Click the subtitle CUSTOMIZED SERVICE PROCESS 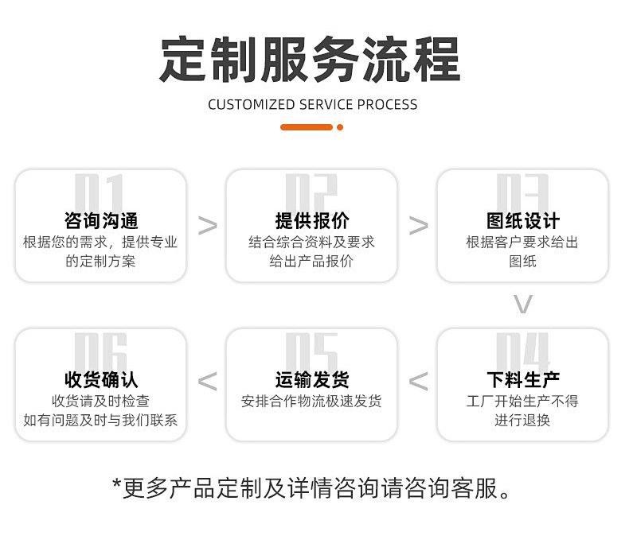[x=312, y=104]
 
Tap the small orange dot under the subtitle [x=340, y=127]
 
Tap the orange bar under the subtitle [x=307, y=127]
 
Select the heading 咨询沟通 [x=101, y=221]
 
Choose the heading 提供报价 [x=311, y=221]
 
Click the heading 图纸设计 [x=522, y=221]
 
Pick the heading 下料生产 [x=522, y=380]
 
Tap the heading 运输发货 [x=311, y=380]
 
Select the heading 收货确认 [x=101, y=380]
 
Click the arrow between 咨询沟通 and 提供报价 [x=207, y=226]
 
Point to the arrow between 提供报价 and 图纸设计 [x=418, y=226]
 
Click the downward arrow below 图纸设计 [x=522, y=304]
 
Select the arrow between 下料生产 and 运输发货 [x=418, y=382]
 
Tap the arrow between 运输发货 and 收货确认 [x=207, y=382]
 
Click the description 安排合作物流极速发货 [x=311, y=402]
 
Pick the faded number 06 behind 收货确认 [x=100, y=351]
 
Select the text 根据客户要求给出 [x=522, y=243]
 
